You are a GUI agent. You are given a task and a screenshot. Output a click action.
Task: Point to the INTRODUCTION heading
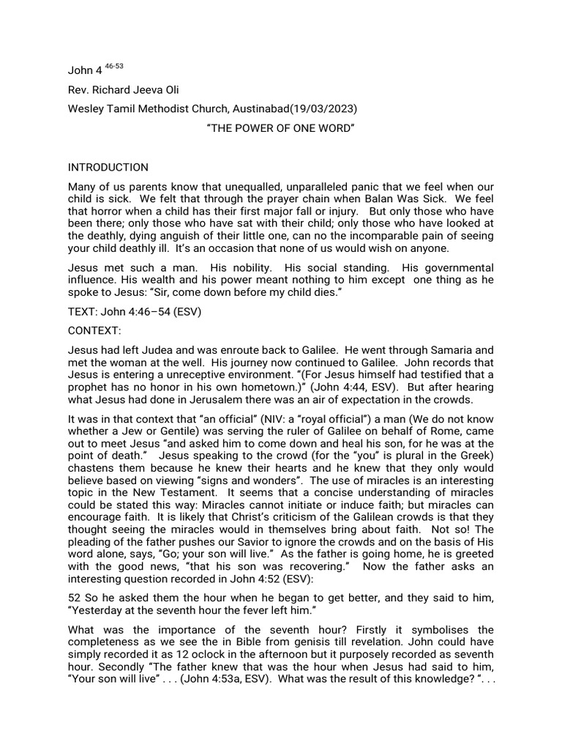108,168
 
